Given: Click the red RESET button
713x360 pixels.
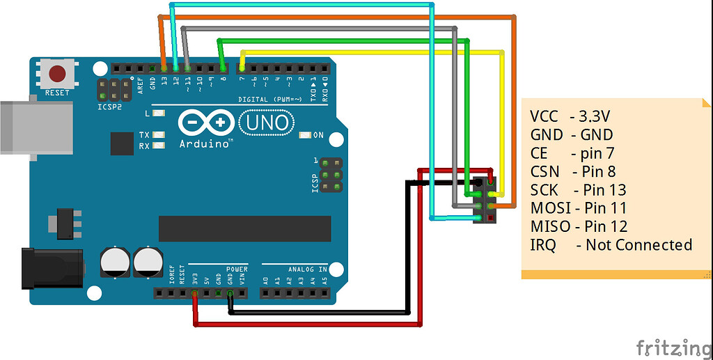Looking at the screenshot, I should point(57,73).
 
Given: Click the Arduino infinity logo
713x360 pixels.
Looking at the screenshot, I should point(207,123).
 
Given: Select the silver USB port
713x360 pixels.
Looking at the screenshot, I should point(35,128).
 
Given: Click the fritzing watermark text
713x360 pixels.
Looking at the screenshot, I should point(673,346).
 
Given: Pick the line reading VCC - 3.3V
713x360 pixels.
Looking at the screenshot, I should point(574,116).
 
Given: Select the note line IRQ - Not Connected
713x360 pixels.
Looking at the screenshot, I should point(611,244).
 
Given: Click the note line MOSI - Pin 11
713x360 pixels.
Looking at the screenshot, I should point(578,208).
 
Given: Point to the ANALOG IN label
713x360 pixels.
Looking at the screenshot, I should point(308,269).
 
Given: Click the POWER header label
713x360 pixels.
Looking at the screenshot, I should point(237,269).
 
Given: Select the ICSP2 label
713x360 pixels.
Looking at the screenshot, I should point(108,108).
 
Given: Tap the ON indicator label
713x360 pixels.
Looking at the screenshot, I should point(318,134).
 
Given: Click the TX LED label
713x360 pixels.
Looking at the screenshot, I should point(144,134).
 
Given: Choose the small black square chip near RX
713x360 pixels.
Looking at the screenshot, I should point(121,143).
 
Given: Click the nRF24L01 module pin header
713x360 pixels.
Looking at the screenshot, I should point(485,200).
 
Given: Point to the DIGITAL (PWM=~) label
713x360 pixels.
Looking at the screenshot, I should point(270,99).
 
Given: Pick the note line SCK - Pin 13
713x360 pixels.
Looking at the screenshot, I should point(578,189).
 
